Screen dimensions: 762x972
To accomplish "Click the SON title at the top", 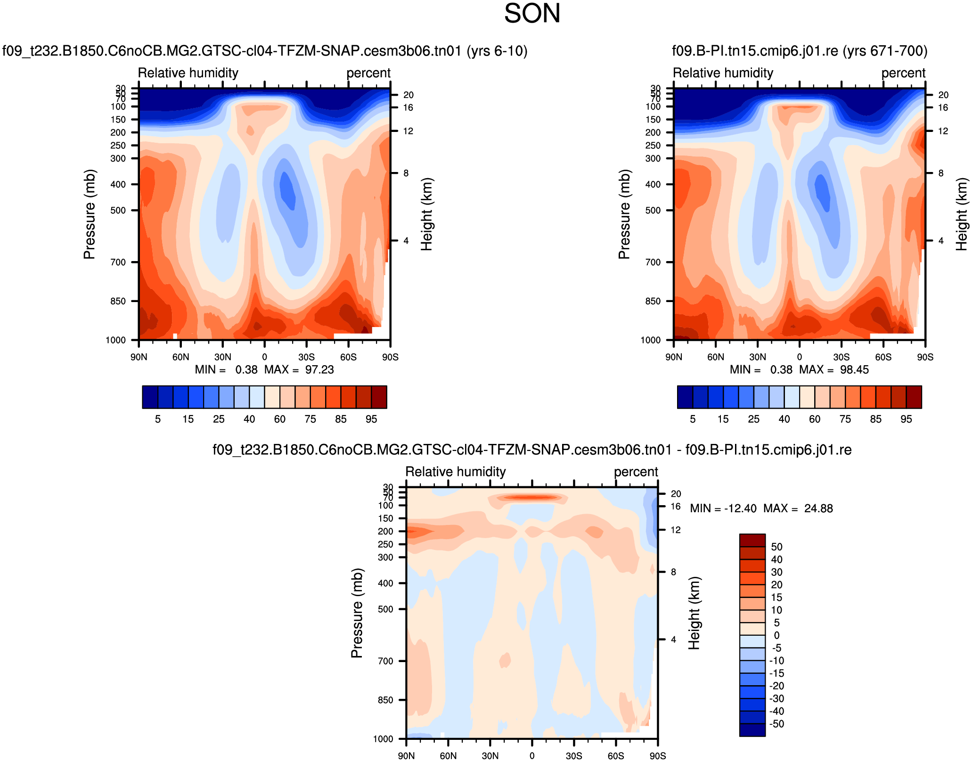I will (532, 14).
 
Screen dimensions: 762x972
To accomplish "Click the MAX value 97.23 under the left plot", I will (319, 370).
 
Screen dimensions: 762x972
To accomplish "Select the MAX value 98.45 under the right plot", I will (854, 370).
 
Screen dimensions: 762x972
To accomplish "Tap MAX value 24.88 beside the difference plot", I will (818, 508).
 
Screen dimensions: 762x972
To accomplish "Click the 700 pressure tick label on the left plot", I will (118, 262).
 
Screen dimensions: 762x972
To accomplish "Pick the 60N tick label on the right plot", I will (716, 357).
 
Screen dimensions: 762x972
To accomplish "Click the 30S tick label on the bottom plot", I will (574, 756).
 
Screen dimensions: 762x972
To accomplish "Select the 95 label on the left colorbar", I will (371, 419).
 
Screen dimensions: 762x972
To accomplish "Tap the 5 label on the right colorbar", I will (693, 419).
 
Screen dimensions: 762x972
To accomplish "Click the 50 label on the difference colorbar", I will (776, 547).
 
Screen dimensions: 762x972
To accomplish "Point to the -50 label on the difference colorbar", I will (776, 724).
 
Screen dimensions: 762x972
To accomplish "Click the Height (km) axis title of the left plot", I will (426, 214).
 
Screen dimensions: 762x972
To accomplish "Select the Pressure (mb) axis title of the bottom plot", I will (357, 613).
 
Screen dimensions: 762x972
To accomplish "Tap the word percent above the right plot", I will (903, 73).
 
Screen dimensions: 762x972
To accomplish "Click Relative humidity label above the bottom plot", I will (455, 472).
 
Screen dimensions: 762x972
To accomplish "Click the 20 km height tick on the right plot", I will (943, 95).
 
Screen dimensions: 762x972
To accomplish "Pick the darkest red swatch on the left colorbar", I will (379, 397).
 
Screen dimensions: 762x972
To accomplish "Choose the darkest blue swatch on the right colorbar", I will (685, 397).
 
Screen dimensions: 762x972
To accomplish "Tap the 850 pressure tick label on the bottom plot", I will (385, 700).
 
